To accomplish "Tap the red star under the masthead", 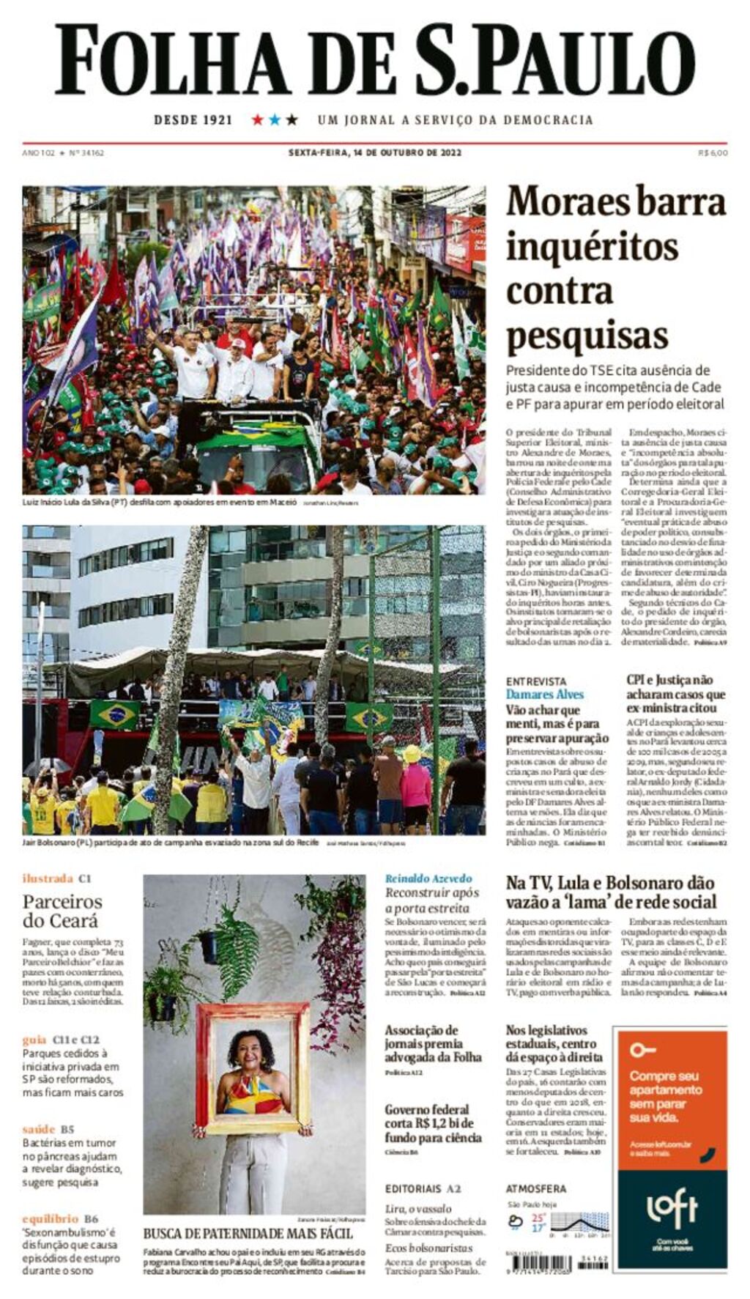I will (x=257, y=119).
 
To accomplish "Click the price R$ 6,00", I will (x=713, y=153).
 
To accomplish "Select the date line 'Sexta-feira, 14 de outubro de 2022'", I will (x=374, y=153).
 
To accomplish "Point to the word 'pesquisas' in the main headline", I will (x=587, y=336).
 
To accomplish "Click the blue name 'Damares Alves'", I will (x=544, y=694).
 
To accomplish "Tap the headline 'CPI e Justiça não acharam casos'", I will (x=675, y=694).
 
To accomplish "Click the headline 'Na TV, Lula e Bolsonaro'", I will (x=611, y=892).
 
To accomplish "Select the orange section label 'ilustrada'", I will (x=48, y=878).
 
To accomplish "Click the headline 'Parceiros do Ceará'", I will (x=62, y=911).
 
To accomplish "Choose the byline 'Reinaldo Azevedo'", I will (x=428, y=878).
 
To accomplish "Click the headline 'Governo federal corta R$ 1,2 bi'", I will (x=433, y=1123).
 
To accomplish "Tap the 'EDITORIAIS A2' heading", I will (x=423, y=1189).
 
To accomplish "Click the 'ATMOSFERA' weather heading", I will (x=535, y=1189).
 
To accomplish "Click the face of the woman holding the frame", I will (x=250, y=1054).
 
